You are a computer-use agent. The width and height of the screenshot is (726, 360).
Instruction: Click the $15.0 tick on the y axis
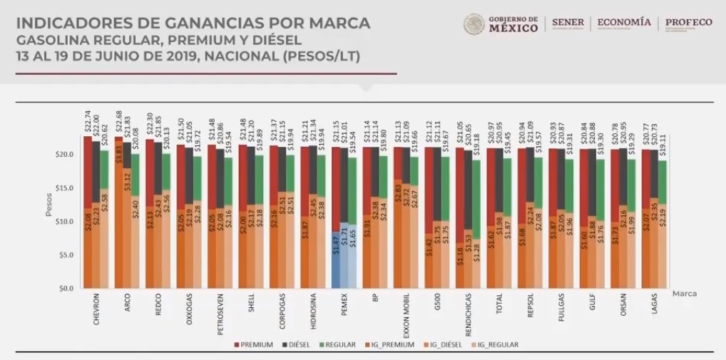[65, 188]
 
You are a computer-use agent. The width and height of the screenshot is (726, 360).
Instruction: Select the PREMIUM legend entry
[254, 345]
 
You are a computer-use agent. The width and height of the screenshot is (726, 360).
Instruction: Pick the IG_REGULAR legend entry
[494, 345]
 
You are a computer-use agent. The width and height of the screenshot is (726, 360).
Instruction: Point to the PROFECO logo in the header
[688, 24]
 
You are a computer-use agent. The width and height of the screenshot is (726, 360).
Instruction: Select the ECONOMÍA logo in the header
[623, 24]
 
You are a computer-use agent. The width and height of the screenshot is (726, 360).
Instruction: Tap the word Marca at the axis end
[683, 294]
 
